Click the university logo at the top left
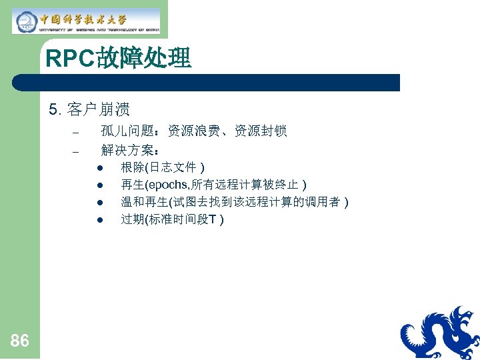point(87,21)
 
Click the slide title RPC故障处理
point(119,59)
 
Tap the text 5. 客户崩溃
point(89,109)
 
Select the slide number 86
point(20,341)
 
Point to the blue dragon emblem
point(441,333)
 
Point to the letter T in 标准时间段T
point(212,219)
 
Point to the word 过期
point(128,219)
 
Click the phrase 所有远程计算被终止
point(247,184)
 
